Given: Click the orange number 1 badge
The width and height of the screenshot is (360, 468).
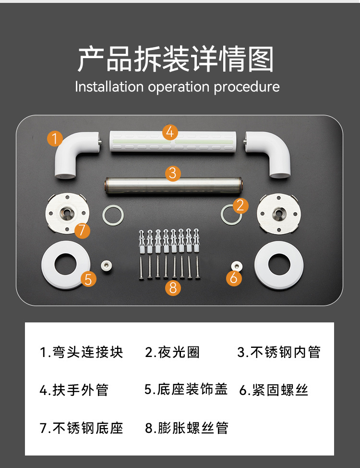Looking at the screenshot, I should tap(55, 139).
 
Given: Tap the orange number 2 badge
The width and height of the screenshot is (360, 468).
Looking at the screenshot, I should tap(240, 206).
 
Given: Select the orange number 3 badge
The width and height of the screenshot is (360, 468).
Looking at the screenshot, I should tap(173, 173).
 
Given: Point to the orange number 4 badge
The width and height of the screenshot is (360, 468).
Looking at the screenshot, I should tap(170, 132).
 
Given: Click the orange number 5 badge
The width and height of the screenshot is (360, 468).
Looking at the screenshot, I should tap(88, 279).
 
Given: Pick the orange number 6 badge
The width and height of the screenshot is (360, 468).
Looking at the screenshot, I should tap(234, 278).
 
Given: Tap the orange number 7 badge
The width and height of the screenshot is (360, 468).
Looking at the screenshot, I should tap(82, 230).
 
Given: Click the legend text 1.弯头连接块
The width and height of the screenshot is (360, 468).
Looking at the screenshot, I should tap(81, 352).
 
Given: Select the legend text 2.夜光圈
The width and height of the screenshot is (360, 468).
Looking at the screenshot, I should tap(172, 352).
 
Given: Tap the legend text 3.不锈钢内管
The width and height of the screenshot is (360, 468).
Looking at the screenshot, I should tap(279, 352).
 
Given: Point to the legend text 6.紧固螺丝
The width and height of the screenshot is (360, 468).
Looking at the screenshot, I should tap(274, 390).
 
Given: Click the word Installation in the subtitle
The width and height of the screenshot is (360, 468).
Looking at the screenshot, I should tap(109, 87).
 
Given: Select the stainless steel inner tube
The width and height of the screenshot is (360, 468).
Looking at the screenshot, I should tap(173, 185).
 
